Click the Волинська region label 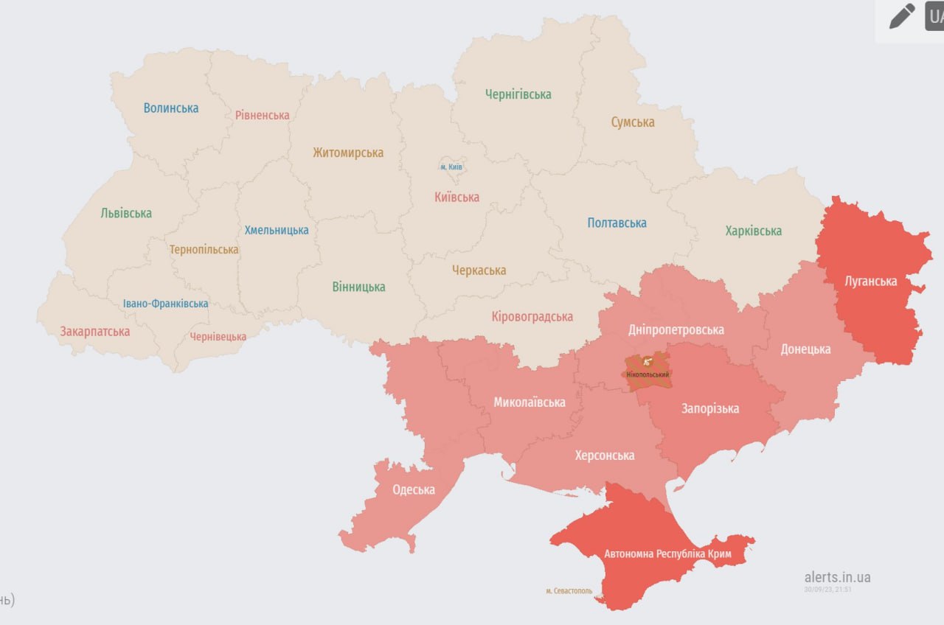coord(171,108)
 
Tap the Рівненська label coord(263,115)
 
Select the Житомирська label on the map coord(348,153)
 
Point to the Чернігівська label coord(518,94)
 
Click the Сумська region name coord(632,122)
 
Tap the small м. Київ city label coord(451,167)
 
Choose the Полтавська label coord(617,223)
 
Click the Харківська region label coord(753,231)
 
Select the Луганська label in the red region coord(871,281)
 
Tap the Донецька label coord(805,349)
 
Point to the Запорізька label coord(709,408)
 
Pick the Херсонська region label coord(604,455)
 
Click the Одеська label coord(413,489)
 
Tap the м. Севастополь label coord(569,590)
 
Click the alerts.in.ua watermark coord(837,577)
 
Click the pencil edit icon coord(901,16)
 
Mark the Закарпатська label coord(95,332)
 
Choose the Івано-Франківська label coord(165,304)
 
